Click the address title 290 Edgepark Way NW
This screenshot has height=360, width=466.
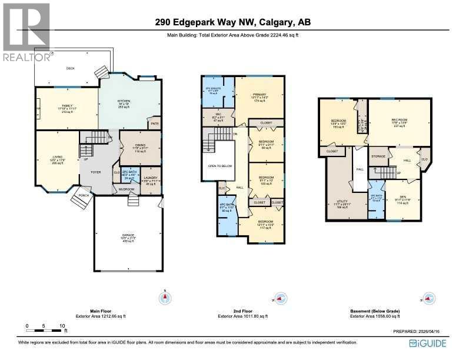click(232, 23)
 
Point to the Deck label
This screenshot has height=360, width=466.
click(71, 68)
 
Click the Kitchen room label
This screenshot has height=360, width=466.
click(123, 101)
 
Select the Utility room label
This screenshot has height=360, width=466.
click(342, 201)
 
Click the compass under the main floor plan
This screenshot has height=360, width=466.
click(165, 299)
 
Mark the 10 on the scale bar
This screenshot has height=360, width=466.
click(62, 325)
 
